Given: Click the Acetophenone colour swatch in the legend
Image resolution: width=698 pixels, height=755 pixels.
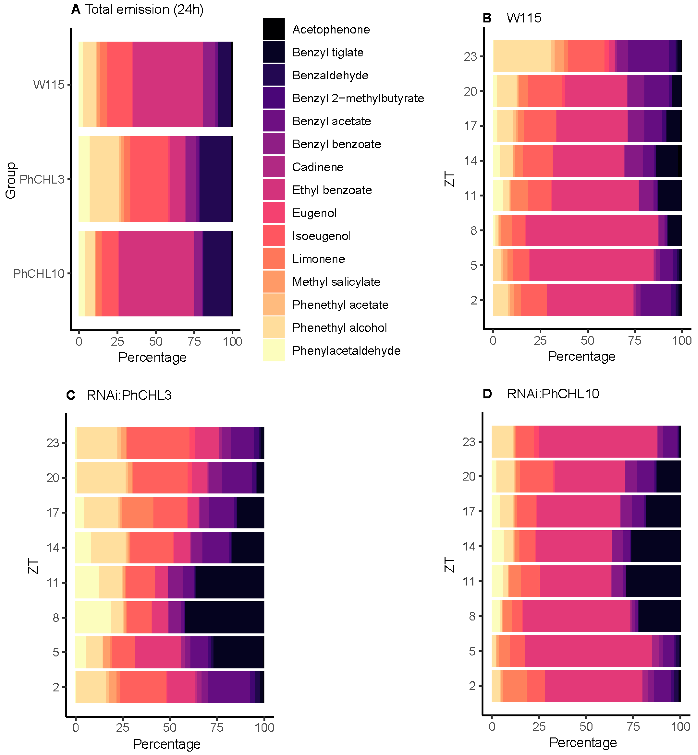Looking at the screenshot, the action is [274, 29].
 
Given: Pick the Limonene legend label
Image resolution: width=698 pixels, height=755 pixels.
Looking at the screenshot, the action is [318, 259].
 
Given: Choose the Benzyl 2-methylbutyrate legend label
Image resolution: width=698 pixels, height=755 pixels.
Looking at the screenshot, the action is [358, 98].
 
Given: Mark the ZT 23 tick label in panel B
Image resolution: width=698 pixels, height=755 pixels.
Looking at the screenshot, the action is [470, 57].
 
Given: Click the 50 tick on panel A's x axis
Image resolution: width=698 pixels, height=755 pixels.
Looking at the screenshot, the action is [156, 341].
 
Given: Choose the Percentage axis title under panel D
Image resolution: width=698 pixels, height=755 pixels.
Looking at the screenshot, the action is [583, 743].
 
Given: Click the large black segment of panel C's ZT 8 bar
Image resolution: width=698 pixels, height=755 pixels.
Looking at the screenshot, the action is [224, 617].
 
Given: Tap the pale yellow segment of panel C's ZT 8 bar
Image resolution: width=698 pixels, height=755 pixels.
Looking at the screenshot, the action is [93, 617].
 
